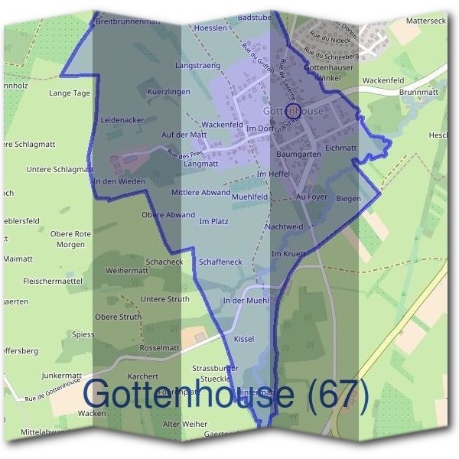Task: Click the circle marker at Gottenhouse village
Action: click(290, 109)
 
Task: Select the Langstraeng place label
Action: click(197, 66)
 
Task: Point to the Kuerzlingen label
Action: click(168, 92)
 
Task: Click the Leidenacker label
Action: click(122, 121)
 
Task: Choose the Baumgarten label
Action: click(299, 154)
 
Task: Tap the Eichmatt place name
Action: click(340, 148)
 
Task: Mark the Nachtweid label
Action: click(284, 227)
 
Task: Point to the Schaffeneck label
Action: click(220, 262)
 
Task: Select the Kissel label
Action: click(243, 338)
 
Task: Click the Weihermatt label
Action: click(127, 271)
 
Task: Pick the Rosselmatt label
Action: click(160, 348)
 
